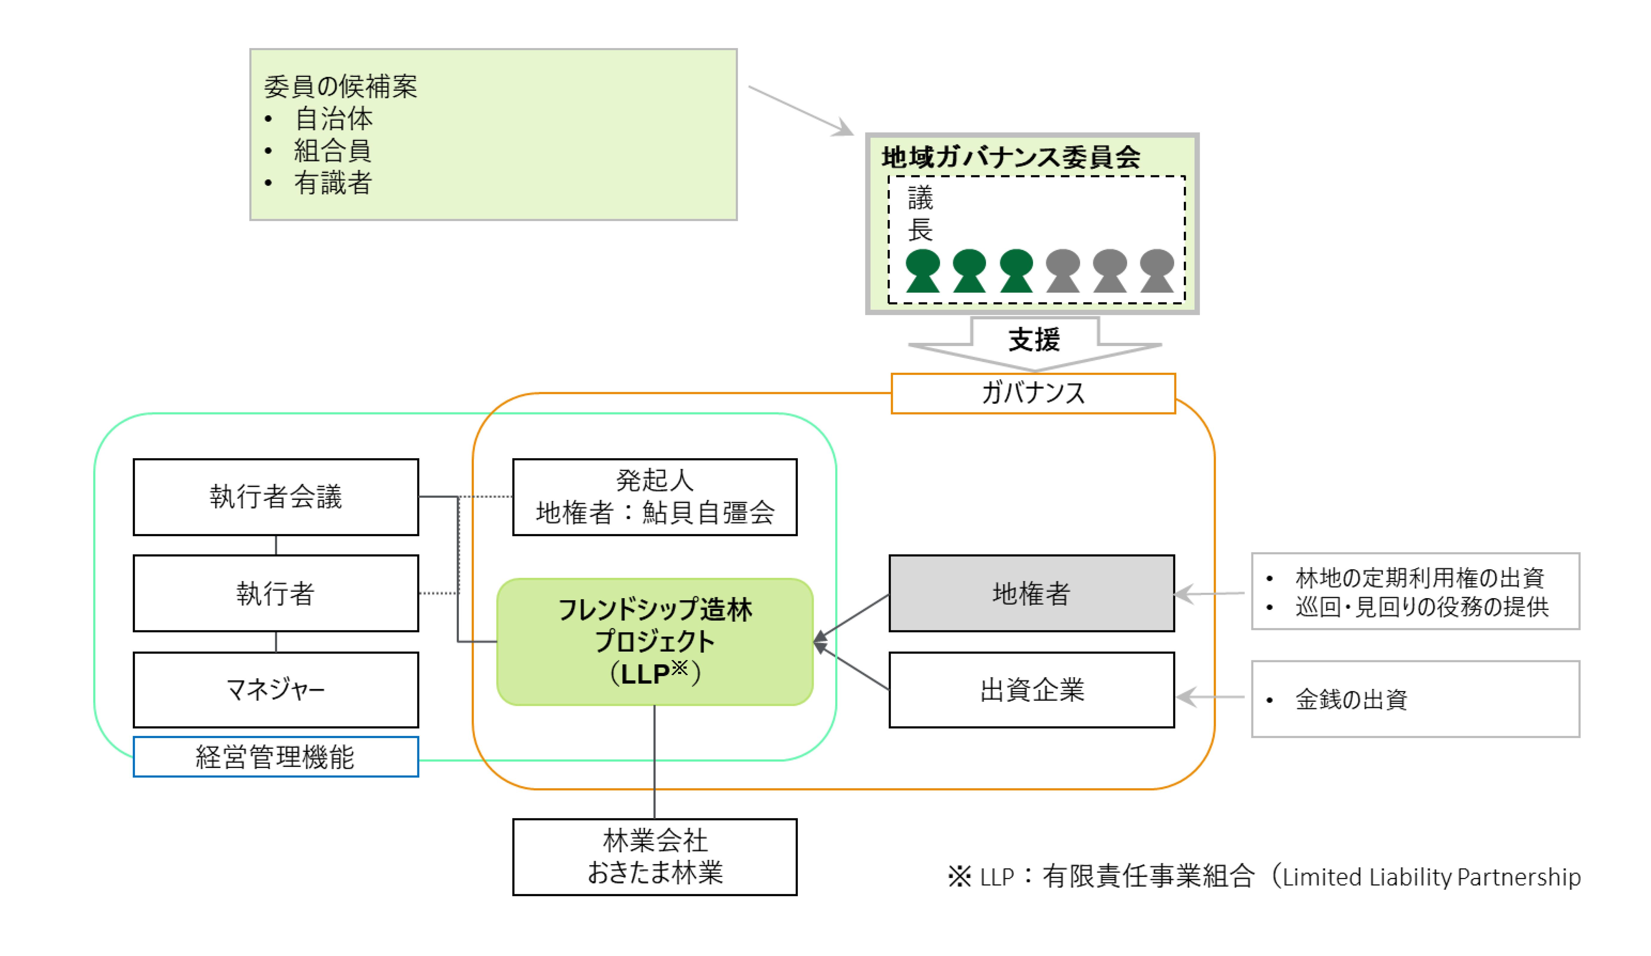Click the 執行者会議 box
point(276,497)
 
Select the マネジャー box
point(276,689)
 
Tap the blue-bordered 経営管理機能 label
point(276,757)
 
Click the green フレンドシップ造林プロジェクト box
point(654,642)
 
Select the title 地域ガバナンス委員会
point(1011,157)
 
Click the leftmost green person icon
point(922,270)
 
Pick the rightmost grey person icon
point(1157,270)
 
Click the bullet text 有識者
point(333,183)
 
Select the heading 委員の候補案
point(341,87)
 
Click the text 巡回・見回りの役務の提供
point(1422,607)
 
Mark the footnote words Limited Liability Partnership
point(1431,877)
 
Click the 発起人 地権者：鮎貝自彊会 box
point(654,497)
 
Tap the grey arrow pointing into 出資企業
point(1210,697)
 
